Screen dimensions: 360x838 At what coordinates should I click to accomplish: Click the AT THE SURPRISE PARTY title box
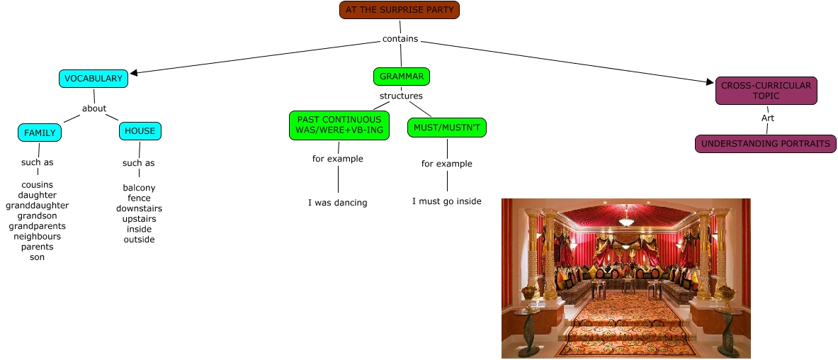point(400,10)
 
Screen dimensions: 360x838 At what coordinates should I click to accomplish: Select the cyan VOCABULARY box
point(93,79)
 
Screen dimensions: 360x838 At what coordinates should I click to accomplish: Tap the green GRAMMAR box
point(402,76)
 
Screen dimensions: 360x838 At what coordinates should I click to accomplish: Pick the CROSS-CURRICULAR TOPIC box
point(766,91)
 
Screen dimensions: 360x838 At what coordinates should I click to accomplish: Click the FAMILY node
point(40,133)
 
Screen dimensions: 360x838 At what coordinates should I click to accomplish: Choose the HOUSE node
point(140,131)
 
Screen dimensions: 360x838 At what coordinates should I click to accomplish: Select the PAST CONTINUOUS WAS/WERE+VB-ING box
point(339,125)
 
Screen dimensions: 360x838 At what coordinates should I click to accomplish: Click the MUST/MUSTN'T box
point(447,128)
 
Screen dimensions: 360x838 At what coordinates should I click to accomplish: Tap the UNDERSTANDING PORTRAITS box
point(765,144)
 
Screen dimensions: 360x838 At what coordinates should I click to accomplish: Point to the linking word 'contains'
point(400,39)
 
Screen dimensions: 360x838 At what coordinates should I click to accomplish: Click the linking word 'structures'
point(401,96)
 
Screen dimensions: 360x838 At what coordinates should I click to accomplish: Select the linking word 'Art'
point(767,118)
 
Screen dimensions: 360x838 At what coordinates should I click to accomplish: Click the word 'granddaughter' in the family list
point(37,206)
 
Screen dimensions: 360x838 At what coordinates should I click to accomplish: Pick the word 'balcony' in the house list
point(139,188)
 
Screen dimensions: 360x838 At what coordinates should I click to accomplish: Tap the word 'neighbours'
point(37,237)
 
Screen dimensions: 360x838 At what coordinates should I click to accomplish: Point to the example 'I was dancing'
point(337,203)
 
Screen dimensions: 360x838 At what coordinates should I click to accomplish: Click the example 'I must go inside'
point(446,201)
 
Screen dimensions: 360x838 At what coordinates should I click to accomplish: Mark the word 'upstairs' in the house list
point(139,219)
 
